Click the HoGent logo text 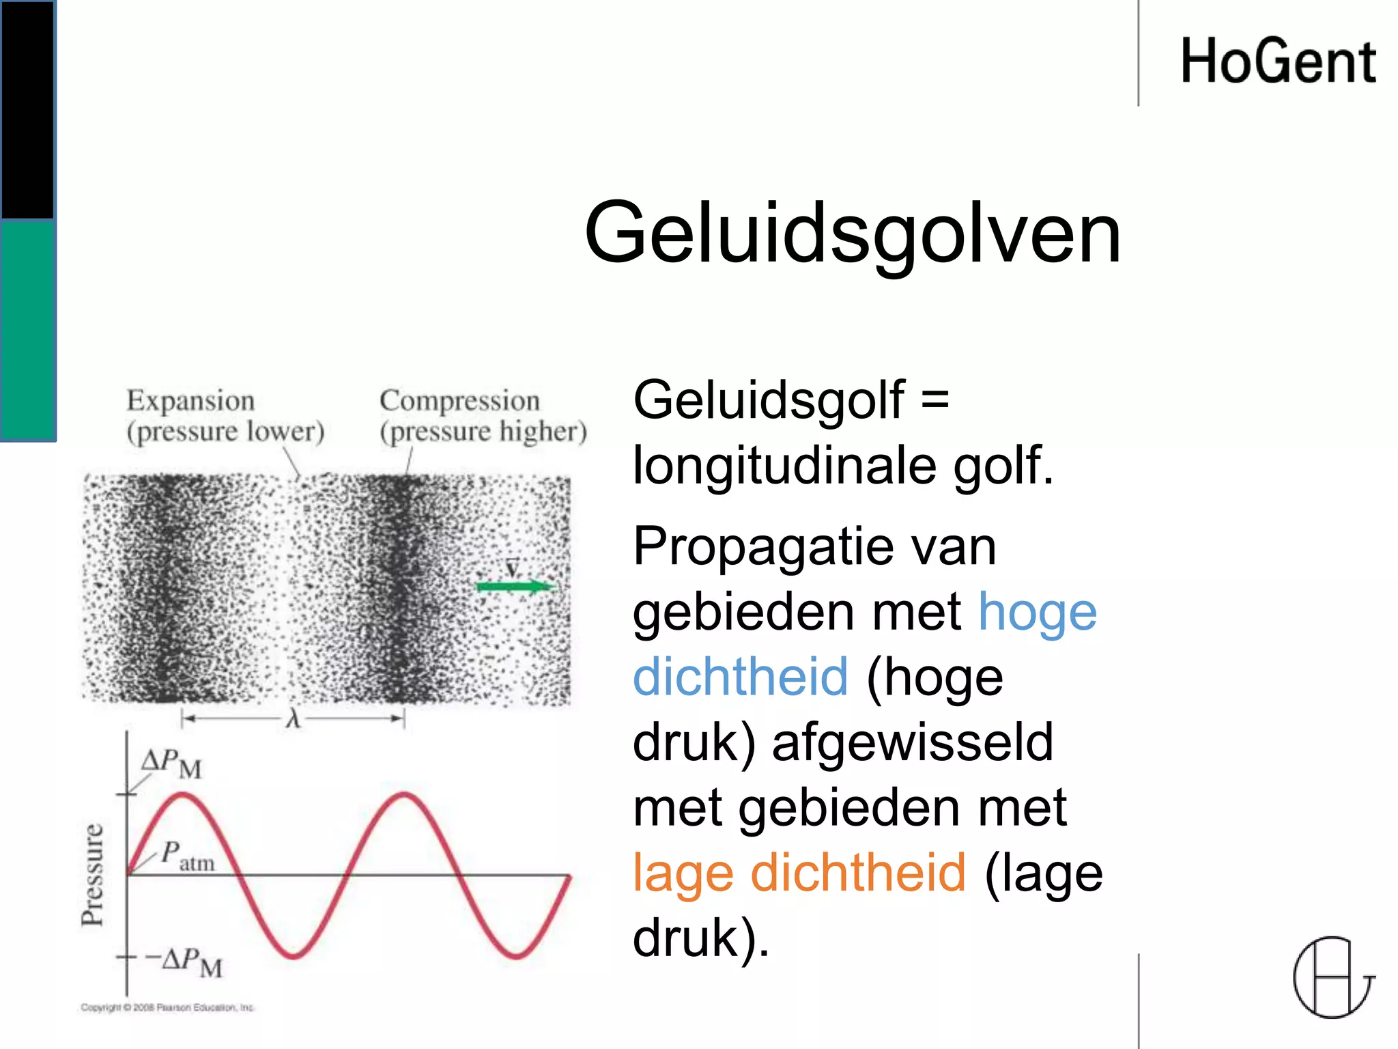click(x=1277, y=61)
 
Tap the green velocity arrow click(x=515, y=586)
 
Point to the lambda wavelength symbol click(x=294, y=718)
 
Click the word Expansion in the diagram click(x=190, y=401)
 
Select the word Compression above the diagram click(x=459, y=401)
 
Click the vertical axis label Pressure click(x=92, y=875)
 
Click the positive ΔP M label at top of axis click(x=171, y=764)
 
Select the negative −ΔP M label click(x=184, y=962)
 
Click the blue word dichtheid click(x=741, y=676)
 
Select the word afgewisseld click(x=913, y=742)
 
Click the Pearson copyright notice click(x=167, y=1007)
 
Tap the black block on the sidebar click(x=27, y=109)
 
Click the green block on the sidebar click(x=27, y=331)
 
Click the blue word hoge click(x=1038, y=611)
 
